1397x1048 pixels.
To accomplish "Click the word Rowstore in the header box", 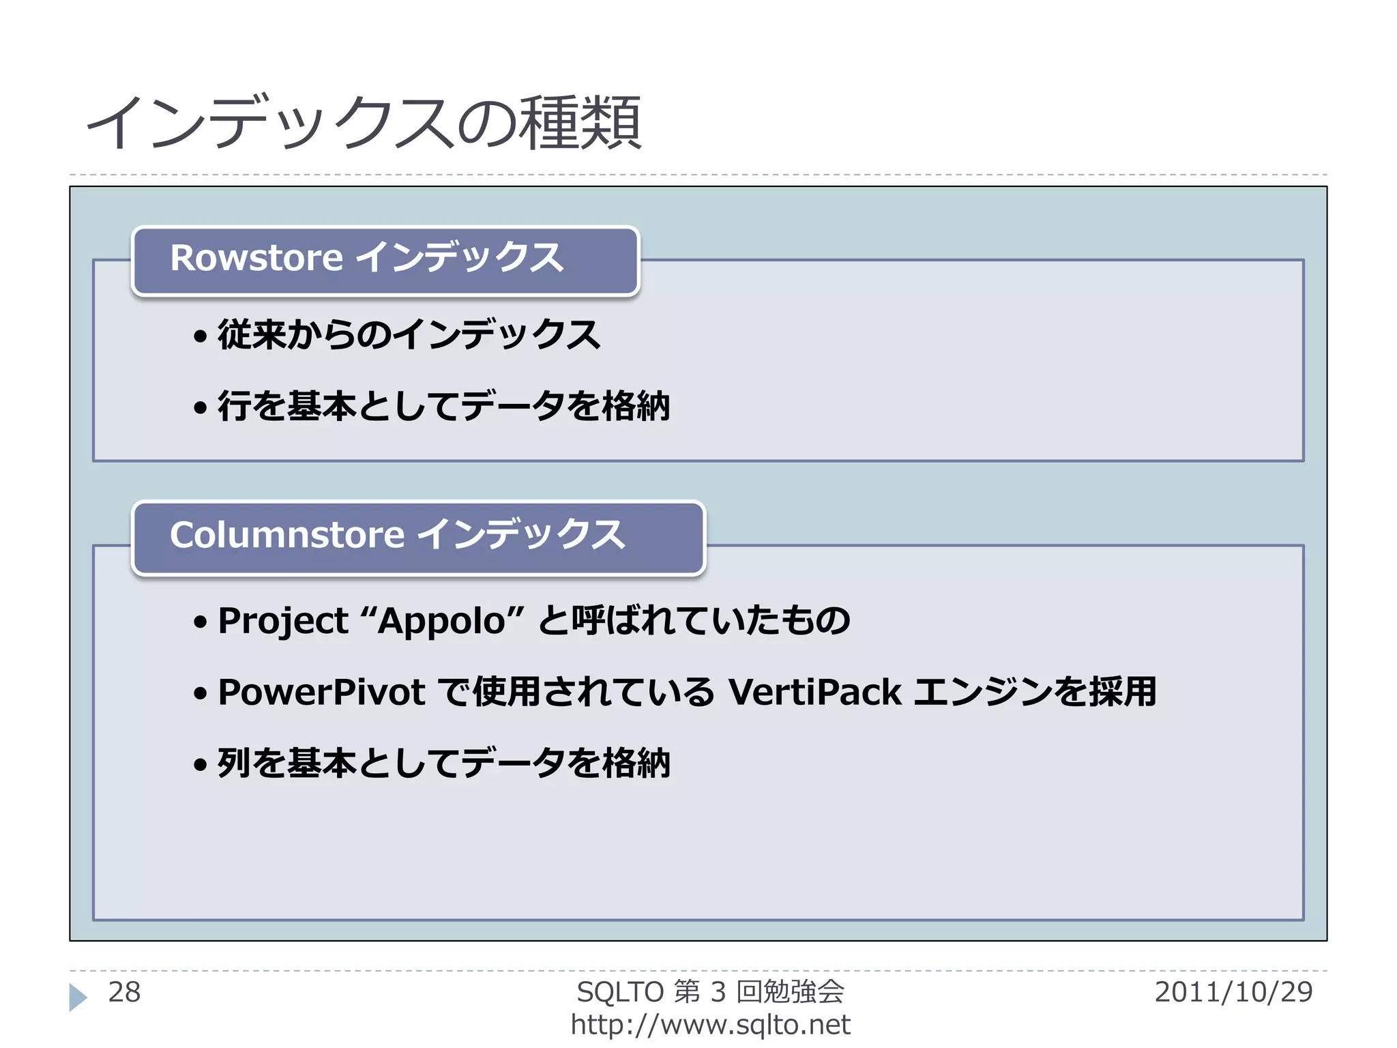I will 256,258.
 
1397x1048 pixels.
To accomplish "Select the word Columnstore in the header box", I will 286,534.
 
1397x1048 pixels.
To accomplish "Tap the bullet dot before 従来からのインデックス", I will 200,336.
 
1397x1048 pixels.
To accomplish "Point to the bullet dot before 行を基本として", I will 200,408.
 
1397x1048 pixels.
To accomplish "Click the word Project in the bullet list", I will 282,621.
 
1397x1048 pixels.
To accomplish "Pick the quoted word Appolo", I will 441,621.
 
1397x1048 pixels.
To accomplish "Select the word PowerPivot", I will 321,692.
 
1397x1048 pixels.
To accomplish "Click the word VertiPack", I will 814,692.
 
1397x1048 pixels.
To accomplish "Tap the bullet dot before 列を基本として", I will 200,764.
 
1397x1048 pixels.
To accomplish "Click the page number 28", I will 124,992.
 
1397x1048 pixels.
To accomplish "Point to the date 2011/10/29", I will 1233,992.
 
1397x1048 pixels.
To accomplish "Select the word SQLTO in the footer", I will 620,992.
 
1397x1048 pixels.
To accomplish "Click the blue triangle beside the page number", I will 78,997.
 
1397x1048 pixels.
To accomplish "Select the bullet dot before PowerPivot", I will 200,694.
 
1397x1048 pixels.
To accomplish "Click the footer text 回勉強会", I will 791,992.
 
